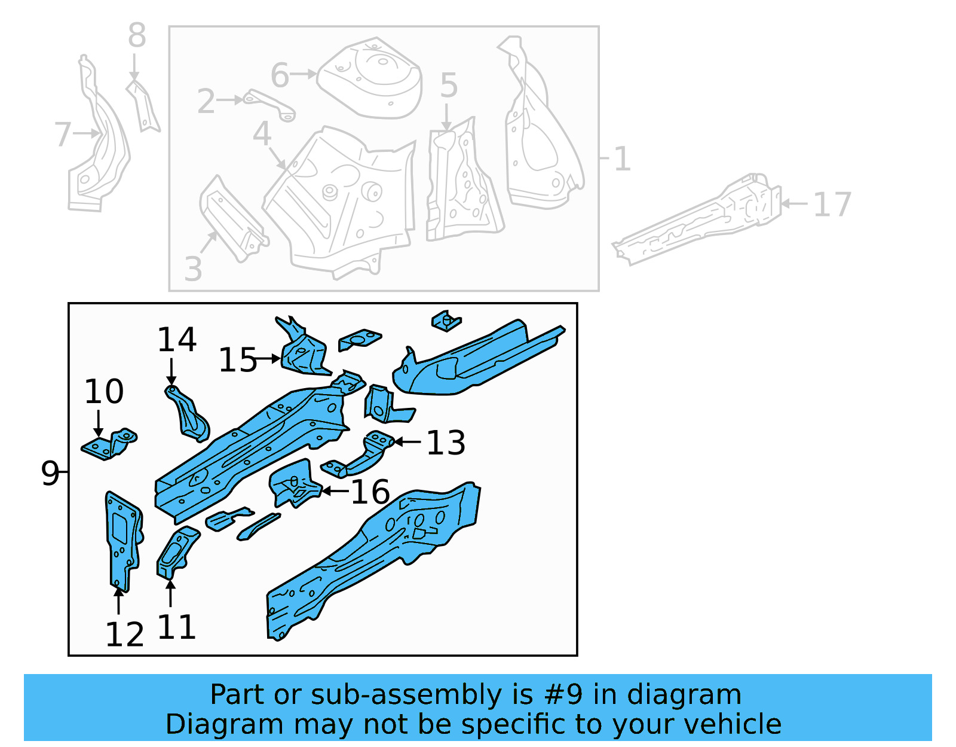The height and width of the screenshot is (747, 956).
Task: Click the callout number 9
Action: click(x=50, y=473)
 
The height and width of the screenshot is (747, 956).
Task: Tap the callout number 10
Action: click(x=104, y=392)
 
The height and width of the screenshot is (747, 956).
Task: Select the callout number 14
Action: click(x=177, y=340)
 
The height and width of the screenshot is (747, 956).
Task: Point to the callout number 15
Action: click(x=237, y=360)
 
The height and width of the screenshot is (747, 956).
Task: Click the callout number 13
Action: click(x=446, y=443)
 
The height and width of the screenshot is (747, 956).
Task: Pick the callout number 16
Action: click(x=370, y=492)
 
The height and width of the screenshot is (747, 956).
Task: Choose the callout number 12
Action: click(x=124, y=635)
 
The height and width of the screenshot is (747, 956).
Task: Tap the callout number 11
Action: click(x=177, y=627)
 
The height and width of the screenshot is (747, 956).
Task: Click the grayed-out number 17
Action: click(x=832, y=205)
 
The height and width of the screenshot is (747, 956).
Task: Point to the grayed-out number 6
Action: click(x=280, y=75)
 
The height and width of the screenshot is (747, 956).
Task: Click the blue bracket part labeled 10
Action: click(x=109, y=445)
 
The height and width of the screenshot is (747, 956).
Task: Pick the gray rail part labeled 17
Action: click(x=699, y=221)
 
